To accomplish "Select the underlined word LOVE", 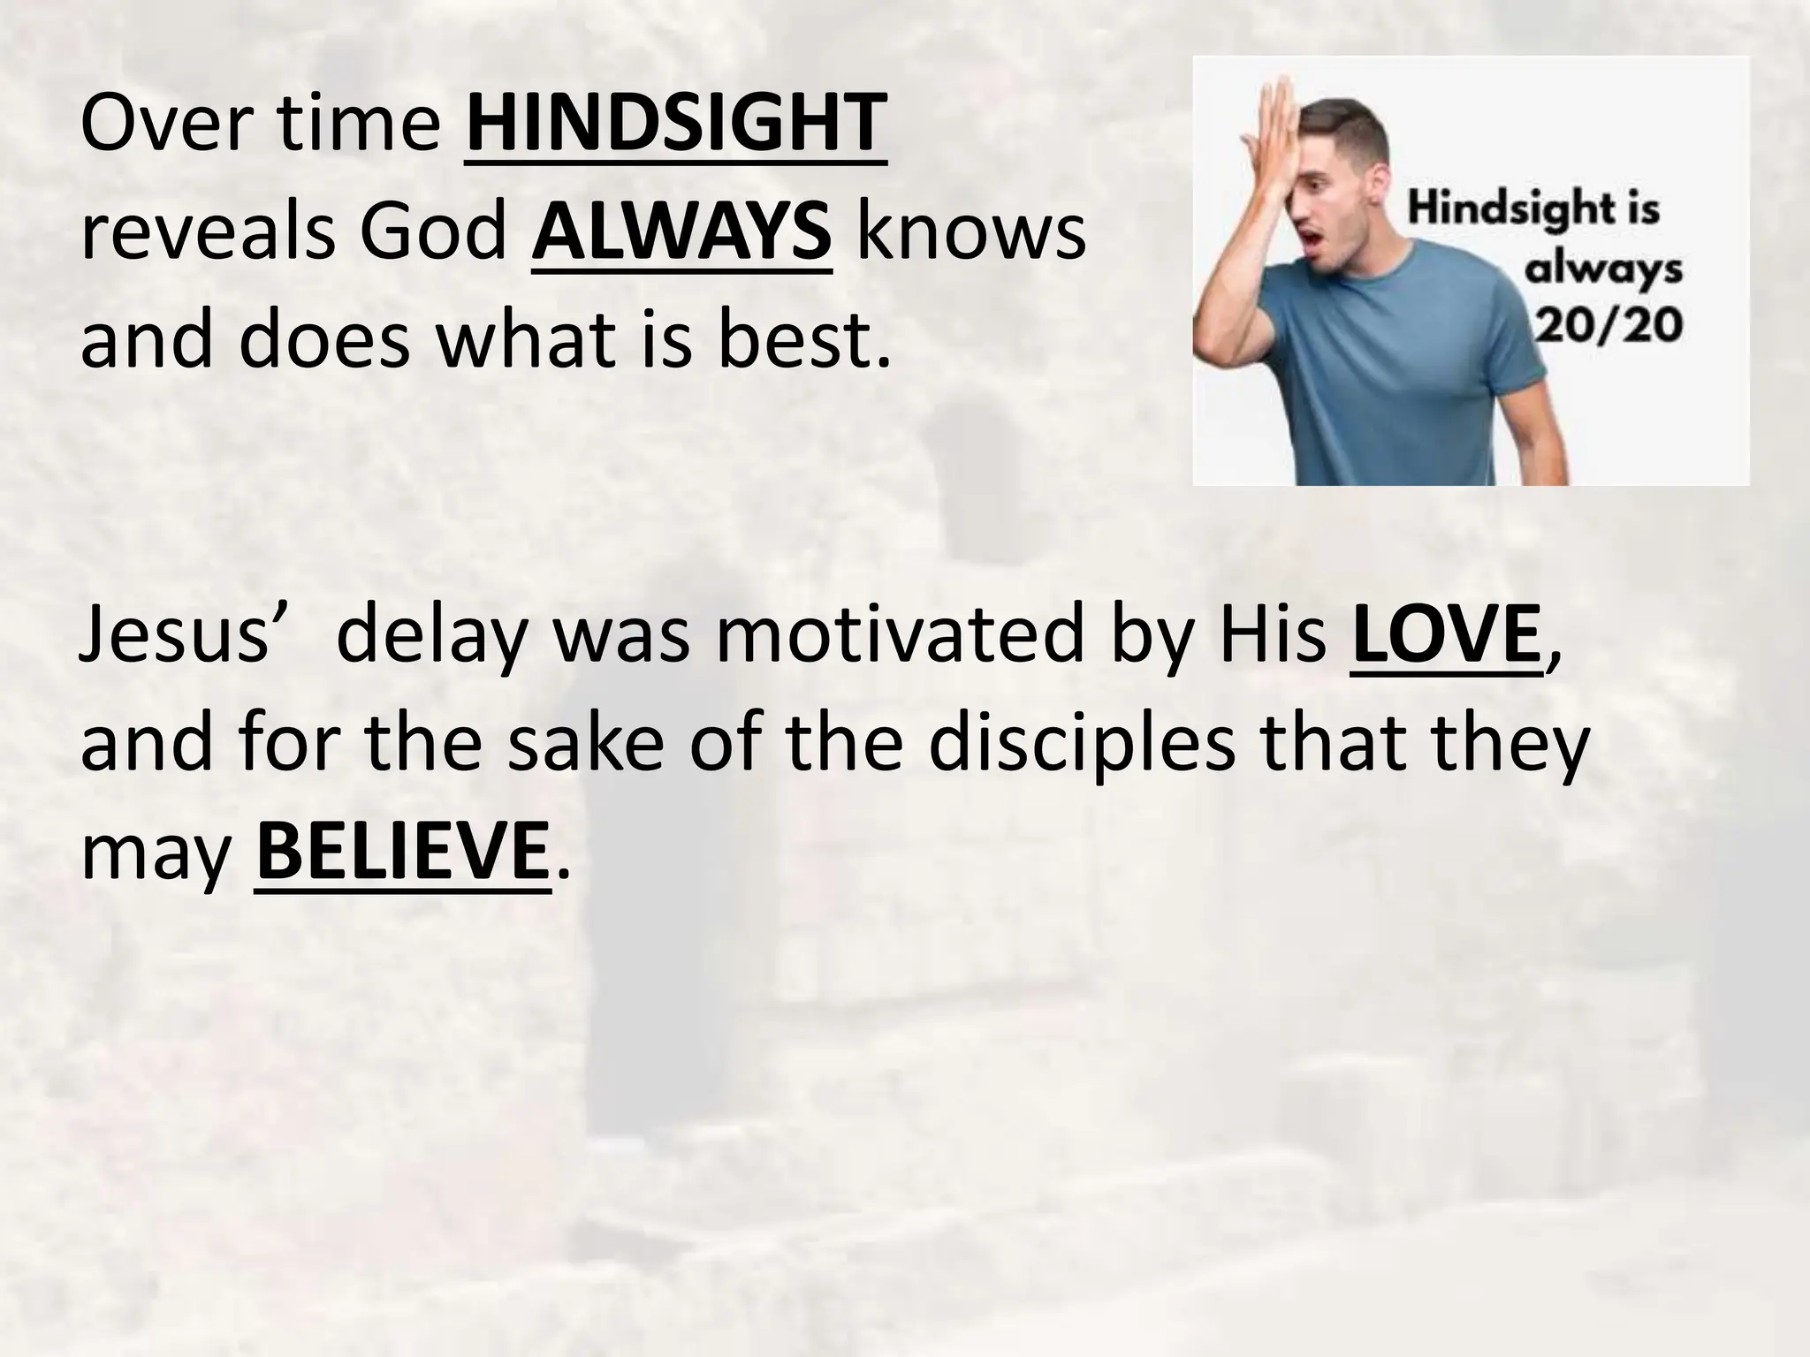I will [1446, 635].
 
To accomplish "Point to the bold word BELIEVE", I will [401, 853].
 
